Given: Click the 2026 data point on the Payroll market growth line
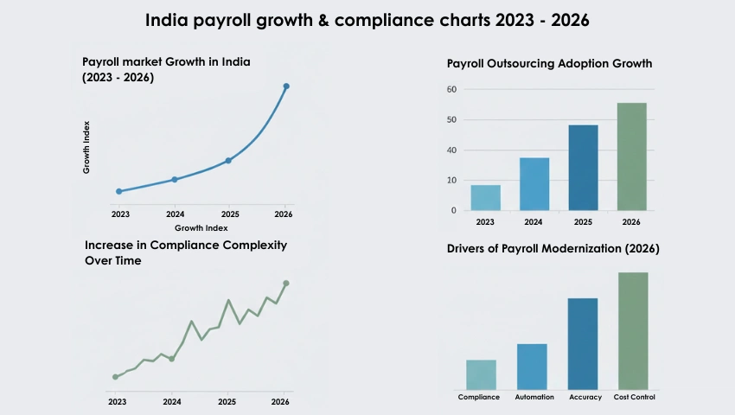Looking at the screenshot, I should [286, 86].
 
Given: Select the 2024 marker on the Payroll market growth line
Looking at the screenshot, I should [175, 180].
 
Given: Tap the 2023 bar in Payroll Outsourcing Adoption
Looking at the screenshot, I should [485, 198].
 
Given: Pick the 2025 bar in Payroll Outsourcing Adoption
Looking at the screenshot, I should [583, 168].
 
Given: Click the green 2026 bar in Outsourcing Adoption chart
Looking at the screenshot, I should [631, 156].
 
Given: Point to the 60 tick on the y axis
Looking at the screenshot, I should [451, 89].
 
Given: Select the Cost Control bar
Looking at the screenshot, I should [633, 330].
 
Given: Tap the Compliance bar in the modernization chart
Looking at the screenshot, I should [481, 374].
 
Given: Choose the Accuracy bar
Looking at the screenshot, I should [583, 343].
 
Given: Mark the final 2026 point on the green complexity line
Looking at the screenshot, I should [286, 284].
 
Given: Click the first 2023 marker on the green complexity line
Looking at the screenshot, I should [115, 377].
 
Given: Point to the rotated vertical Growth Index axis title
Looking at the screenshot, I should [86, 147].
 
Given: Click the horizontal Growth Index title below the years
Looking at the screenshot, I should [201, 228].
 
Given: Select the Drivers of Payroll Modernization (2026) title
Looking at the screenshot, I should [553, 249].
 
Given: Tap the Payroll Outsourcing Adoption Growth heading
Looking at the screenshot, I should [549, 64].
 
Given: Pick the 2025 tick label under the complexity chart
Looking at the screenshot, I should [227, 402].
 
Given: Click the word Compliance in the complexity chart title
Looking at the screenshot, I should [185, 246].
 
